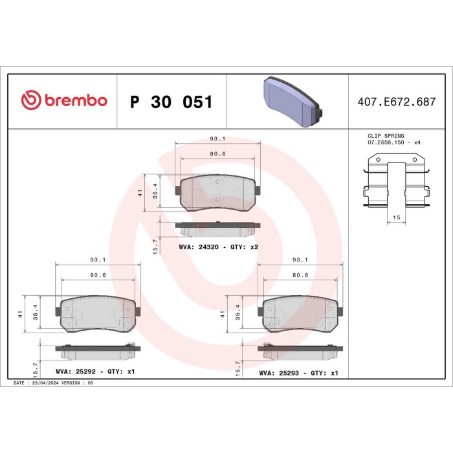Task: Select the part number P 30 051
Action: [x=171, y=102]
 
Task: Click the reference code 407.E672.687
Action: [x=397, y=102]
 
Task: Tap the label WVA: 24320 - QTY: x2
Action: [x=218, y=247]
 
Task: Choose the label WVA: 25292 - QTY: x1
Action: [x=95, y=373]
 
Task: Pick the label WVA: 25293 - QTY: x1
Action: [x=298, y=373]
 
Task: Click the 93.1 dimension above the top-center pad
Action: [x=218, y=138]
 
